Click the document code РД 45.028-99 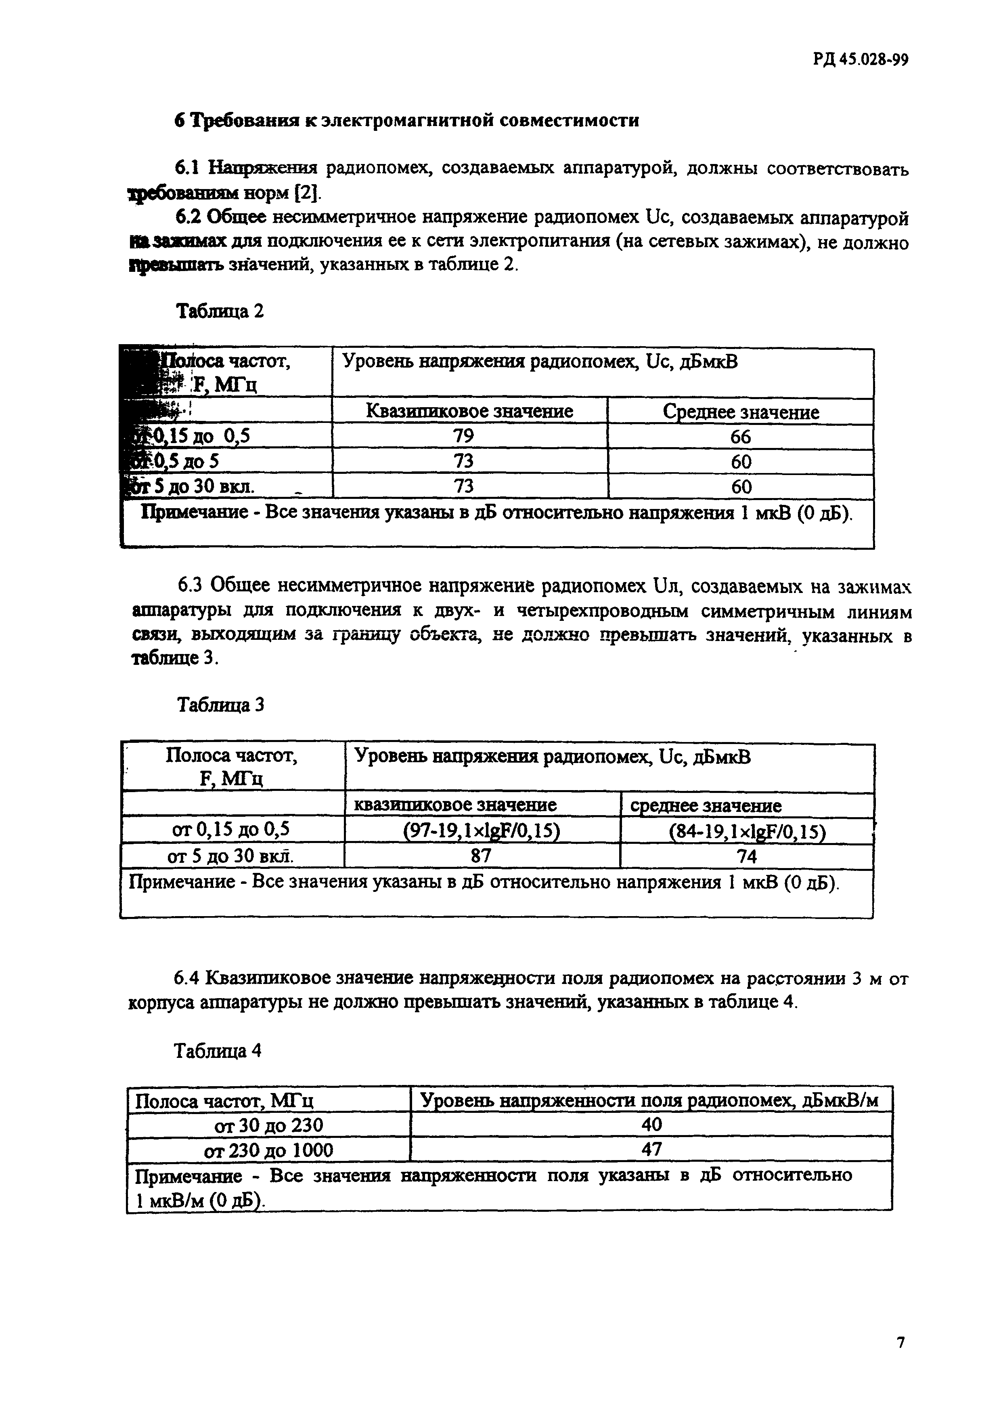[x=861, y=59]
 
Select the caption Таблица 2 [x=220, y=311]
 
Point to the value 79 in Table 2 [x=463, y=436]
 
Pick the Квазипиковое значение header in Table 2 [x=469, y=411]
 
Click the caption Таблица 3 [x=221, y=705]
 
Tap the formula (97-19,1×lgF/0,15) [x=482, y=831]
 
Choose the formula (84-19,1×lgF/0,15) [x=747, y=832]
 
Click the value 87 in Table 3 [x=481, y=857]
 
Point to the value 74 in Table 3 [x=747, y=857]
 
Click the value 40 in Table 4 [x=651, y=1125]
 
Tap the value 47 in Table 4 [x=651, y=1149]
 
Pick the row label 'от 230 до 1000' [x=268, y=1150]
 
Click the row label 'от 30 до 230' [x=268, y=1125]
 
